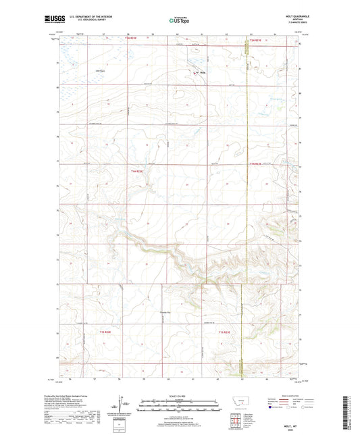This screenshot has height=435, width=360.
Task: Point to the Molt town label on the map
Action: pos(202,74)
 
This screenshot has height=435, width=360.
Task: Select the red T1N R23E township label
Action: pos(256,164)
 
